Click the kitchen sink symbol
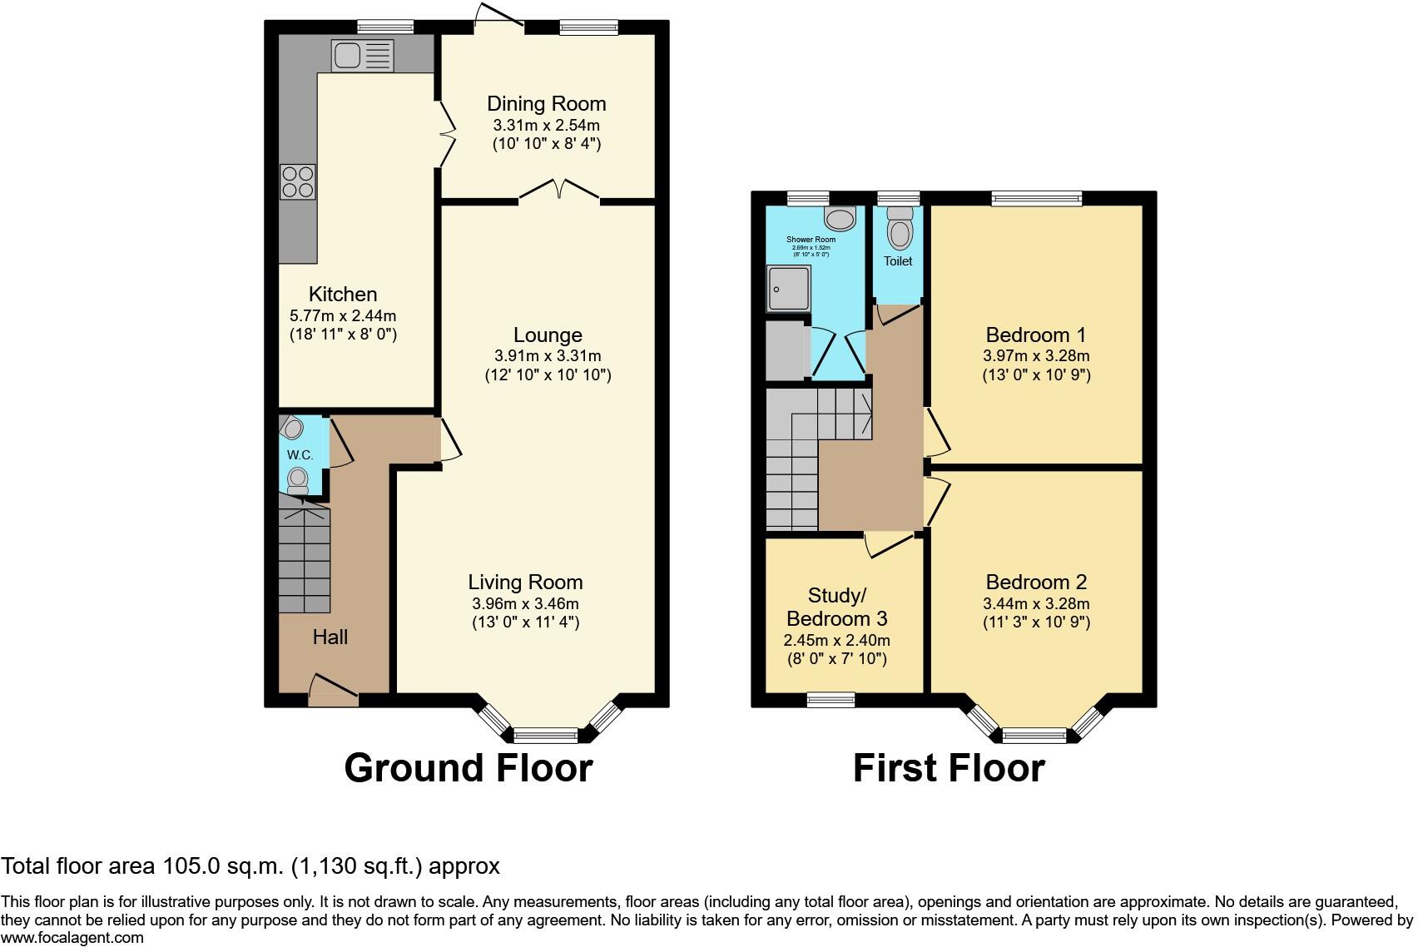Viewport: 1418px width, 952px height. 362,56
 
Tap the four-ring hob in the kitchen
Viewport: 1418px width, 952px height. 298,182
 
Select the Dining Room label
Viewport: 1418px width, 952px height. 546,104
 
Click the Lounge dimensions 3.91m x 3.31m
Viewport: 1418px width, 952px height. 547,356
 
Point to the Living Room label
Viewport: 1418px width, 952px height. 524,583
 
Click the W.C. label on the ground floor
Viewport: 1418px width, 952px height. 300,455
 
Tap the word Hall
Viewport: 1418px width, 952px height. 330,637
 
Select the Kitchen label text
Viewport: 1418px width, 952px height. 343,294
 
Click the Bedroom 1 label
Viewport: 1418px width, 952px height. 1035,335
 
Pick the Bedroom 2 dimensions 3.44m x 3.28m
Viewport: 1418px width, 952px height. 1035,604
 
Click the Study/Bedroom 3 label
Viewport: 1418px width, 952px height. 836,607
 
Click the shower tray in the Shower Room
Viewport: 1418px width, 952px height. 787,288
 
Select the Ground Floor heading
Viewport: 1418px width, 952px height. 468,767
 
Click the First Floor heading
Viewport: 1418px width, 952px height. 948,767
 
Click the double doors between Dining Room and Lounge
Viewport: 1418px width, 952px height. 559,192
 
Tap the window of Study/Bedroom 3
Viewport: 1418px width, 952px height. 830,700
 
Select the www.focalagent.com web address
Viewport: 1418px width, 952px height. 72,938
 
